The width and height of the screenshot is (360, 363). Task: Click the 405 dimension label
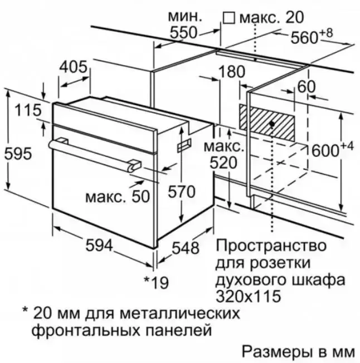(73, 67)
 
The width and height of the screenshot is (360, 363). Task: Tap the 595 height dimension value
(18, 154)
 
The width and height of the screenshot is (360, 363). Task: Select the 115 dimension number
(28, 110)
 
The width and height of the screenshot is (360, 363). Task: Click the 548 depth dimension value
(186, 248)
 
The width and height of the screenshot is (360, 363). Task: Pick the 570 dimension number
(182, 192)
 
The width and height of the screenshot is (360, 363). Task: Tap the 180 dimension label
(231, 71)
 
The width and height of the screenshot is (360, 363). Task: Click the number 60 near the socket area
(307, 87)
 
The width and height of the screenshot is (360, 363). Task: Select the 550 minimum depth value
(183, 32)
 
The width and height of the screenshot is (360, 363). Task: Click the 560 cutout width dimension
(304, 37)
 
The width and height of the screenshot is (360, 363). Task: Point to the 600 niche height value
(325, 151)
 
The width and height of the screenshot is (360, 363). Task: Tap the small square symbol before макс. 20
(229, 18)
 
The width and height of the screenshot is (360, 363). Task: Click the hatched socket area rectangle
(267, 122)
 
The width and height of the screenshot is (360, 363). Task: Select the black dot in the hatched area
(272, 124)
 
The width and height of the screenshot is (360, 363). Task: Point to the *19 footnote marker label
(156, 282)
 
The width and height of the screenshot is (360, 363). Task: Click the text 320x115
(248, 296)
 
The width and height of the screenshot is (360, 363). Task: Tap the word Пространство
(271, 246)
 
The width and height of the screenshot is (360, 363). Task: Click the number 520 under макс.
(223, 163)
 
